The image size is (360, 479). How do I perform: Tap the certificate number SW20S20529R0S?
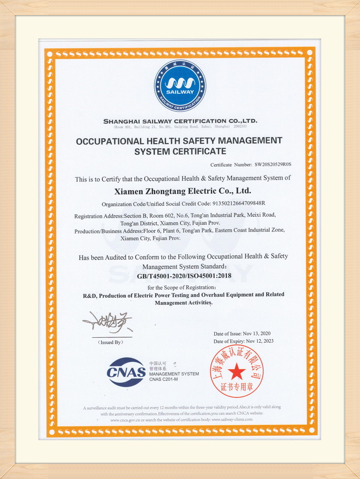[x=273, y=164]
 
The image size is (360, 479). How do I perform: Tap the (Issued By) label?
[x=109, y=342]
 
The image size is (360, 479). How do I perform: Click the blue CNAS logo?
[x=126, y=372]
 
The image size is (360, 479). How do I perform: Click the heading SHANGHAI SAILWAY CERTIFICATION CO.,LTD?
[x=180, y=121]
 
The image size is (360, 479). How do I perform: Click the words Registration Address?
[x=95, y=216]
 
